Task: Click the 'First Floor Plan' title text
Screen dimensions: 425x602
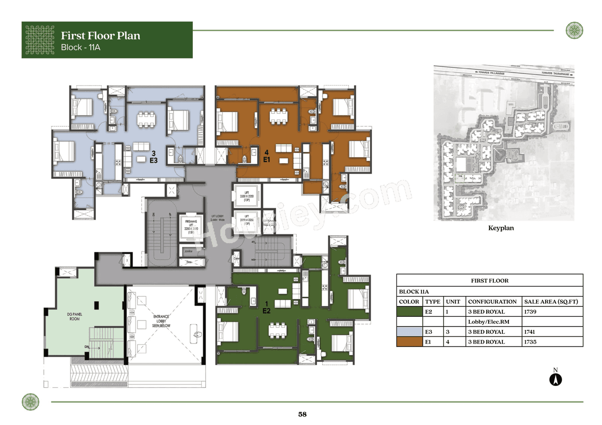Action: (101, 36)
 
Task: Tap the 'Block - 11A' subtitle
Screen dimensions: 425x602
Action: (81, 48)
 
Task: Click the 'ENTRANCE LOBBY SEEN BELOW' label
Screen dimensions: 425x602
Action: (161, 321)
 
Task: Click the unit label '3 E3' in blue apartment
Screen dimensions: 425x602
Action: (153, 157)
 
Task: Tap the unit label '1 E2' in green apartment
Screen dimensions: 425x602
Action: (266, 307)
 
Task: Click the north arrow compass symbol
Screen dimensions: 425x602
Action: (555, 379)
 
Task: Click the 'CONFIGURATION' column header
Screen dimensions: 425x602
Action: (492, 302)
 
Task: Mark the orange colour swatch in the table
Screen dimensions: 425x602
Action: (409, 342)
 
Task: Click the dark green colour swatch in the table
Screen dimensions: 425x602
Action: (409, 312)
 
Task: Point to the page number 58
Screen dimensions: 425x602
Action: (302, 415)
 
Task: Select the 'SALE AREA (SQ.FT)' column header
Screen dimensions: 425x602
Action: (551, 302)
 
